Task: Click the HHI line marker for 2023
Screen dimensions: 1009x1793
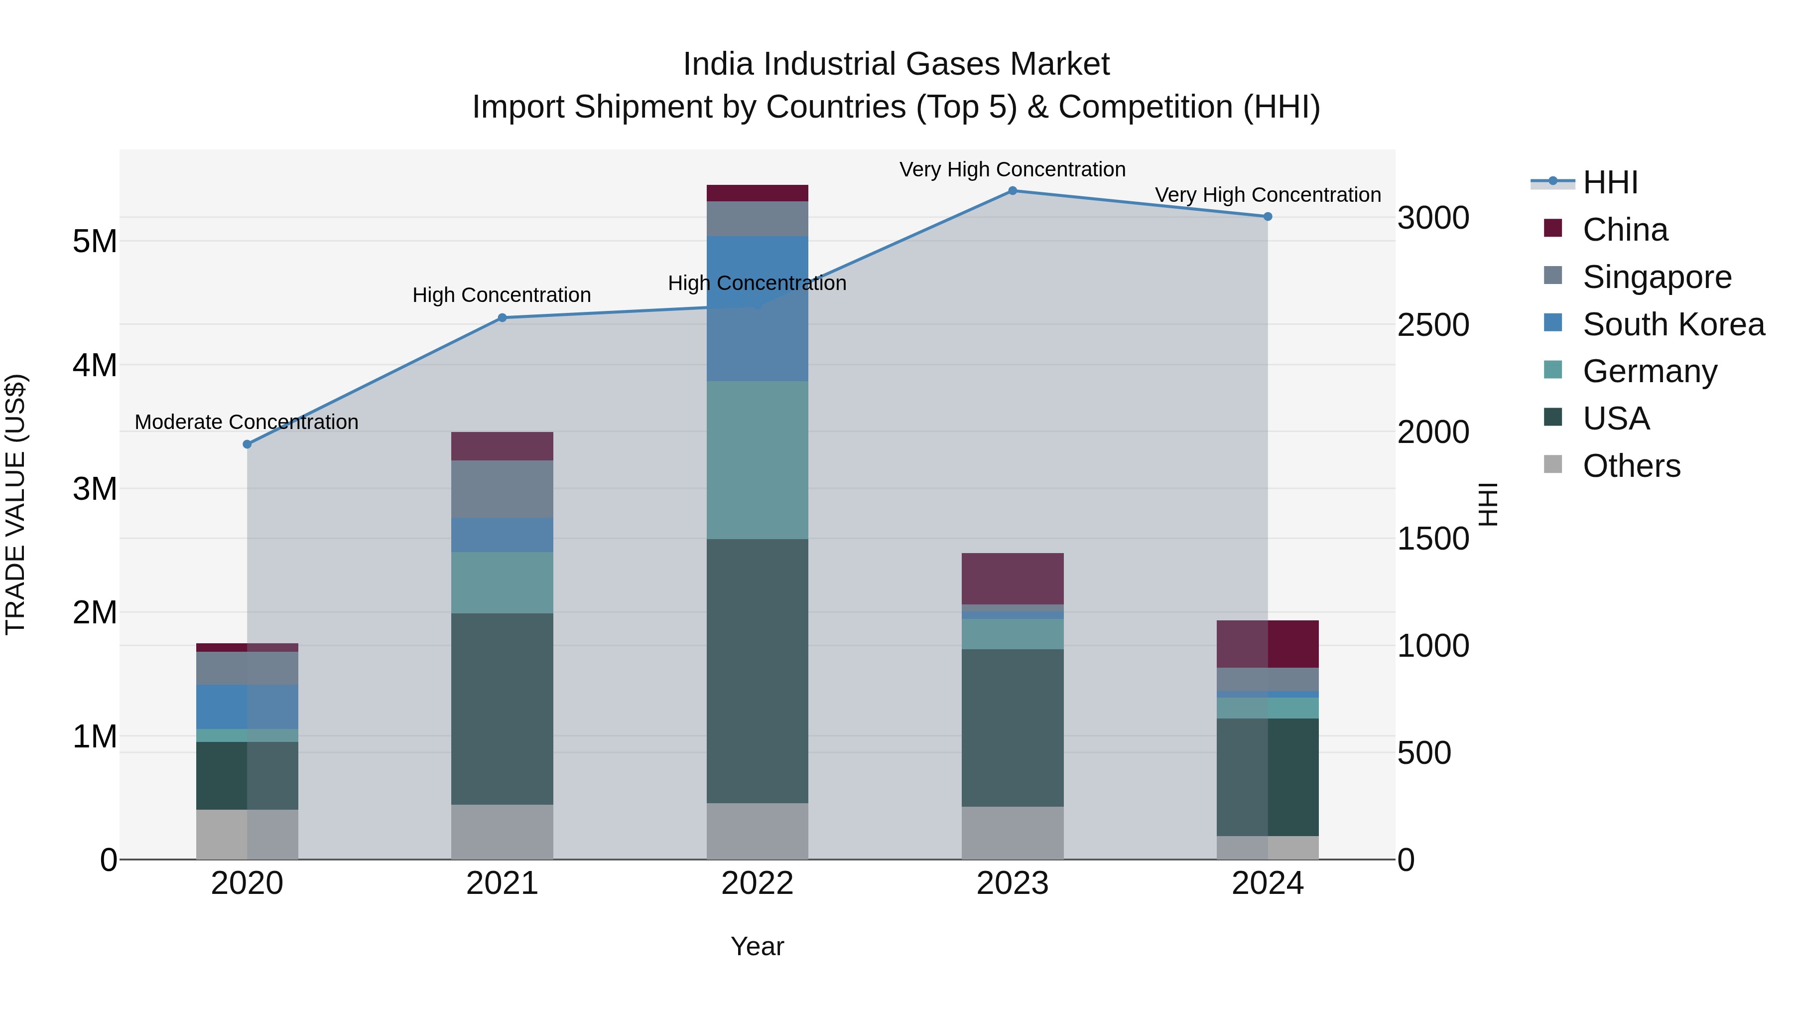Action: (1013, 191)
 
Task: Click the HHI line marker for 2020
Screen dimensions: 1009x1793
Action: (247, 444)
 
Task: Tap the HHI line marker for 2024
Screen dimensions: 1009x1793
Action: (1268, 217)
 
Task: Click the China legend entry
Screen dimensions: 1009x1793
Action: (1625, 230)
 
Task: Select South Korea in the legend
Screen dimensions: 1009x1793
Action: (1672, 324)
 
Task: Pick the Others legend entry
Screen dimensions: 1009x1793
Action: (1631, 466)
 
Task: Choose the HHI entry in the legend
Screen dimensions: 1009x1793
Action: (1610, 182)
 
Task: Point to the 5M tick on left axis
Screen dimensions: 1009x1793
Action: (95, 242)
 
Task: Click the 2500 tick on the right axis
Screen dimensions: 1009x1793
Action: (1433, 325)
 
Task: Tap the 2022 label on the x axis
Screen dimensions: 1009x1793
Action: (757, 883)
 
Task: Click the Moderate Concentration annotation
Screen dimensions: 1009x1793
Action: (247, 422)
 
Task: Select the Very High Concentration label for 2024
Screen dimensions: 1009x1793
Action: (1268, 195)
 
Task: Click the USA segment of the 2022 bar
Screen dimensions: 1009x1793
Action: (757, 671)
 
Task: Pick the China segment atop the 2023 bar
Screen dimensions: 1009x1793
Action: (1013, 578)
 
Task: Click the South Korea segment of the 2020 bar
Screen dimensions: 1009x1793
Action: (247, 706)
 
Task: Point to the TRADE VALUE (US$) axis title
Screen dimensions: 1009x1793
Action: (16, 504)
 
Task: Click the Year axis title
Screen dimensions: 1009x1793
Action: (757, 946)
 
